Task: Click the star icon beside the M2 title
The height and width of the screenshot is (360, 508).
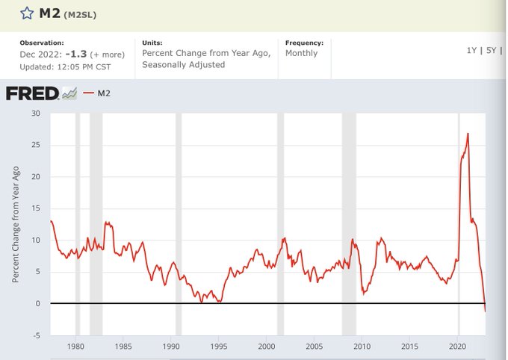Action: (x=26, y=13)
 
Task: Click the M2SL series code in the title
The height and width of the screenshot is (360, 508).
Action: (x=80, y=14)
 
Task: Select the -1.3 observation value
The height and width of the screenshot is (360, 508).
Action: (x=76, y=54)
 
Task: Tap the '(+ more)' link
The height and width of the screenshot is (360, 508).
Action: (x=107, y=55)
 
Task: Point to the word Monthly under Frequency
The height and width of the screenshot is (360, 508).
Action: (x=301, y=54)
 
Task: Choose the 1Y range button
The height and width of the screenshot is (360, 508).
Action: (x=471, y=49)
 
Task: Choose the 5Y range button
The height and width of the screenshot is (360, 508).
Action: (x=492, y=49)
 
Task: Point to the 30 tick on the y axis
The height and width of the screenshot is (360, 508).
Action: (x=35, y=114)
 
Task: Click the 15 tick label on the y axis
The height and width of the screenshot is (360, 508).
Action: (x=35, y=208)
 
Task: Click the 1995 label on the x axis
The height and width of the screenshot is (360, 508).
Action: (x=219, y=347)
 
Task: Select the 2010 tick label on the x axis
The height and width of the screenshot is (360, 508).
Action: (x=362, y=347)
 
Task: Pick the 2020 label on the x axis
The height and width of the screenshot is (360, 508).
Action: (x=458, y=347)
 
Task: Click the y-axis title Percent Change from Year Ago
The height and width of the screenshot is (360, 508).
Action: (x=16, y=224)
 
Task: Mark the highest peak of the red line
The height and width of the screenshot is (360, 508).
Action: (x=468, y=134)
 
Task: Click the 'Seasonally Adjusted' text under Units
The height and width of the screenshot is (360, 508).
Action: (x=183, y=65)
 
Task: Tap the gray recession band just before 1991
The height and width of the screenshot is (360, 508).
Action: (x=179, y=224)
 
